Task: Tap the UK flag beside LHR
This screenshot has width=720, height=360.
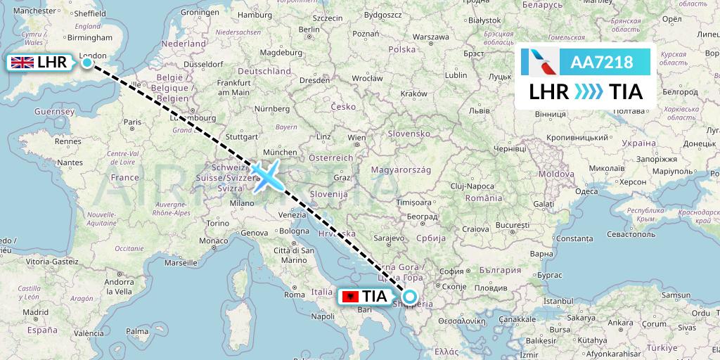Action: tap(22, 63)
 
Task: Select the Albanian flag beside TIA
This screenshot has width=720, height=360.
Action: tap(348, 297)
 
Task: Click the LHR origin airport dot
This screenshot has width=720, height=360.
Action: tap(87, 63)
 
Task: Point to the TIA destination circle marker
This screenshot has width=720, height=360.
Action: tap(409, 296)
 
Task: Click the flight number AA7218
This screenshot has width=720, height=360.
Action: tap(602, 63)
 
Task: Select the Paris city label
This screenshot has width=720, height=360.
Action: tap(133, 122)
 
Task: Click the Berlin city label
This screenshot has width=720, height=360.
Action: tap(309, 30)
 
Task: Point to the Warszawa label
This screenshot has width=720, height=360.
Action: tap(431, 37)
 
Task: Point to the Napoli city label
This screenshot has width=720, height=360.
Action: tap(322, 316)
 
